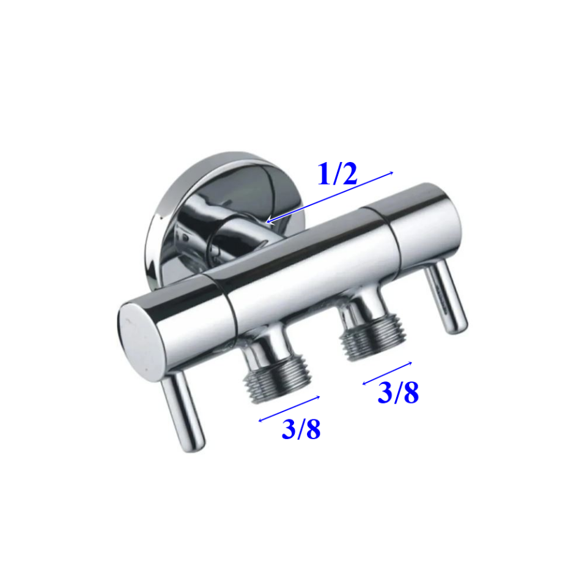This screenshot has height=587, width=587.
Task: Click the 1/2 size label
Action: pyautogui.click(x=337, y=174)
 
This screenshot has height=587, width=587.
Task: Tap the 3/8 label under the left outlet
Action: pyautogui.click(x=301, y=429)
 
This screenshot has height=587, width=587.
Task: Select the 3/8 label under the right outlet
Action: pyautogui.click(x=398, y=393)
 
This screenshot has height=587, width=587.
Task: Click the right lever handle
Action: pyautogui.click(x=446, y=297)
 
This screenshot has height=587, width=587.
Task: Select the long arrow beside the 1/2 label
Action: pyautogui.click(x=330, y=198)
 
